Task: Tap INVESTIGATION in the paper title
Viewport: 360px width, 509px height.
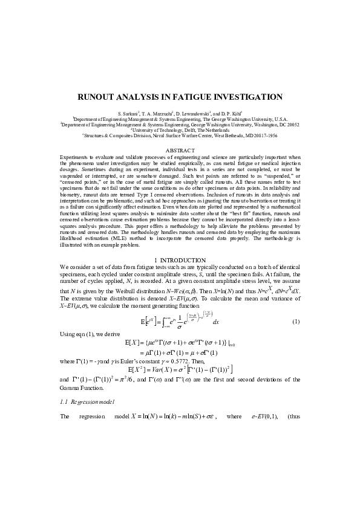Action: [249, 97]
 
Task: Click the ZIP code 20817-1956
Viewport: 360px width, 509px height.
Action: [282, 135]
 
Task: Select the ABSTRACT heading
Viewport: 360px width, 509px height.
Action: [180, 150]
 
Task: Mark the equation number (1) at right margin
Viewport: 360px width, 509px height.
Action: [296, 322]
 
